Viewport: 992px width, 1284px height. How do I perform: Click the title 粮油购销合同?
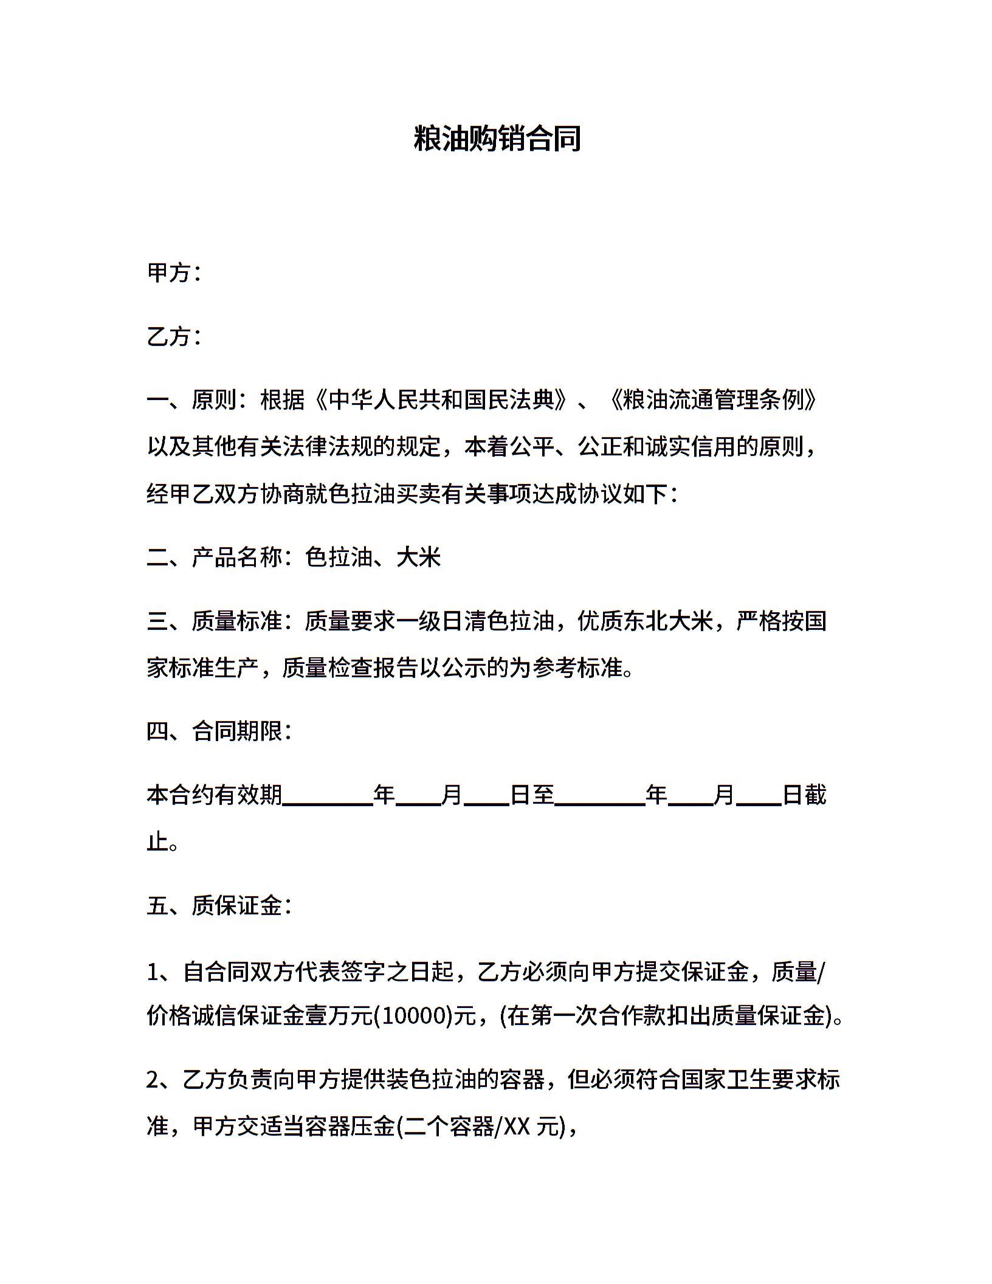pyautogui.click(x=497, y=139)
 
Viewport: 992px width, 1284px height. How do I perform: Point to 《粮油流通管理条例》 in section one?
pyautogui.click(x=713, y=400)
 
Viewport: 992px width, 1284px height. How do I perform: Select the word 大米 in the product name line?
pyautogui.click(x=418, y=557)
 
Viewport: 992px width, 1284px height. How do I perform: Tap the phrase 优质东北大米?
pyautogui.click(x=645, y=621)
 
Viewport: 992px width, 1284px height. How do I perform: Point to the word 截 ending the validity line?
pyautogui.click(x=816, y=795)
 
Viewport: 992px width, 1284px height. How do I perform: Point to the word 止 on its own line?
pyautogui.click(x=157, y=842)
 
